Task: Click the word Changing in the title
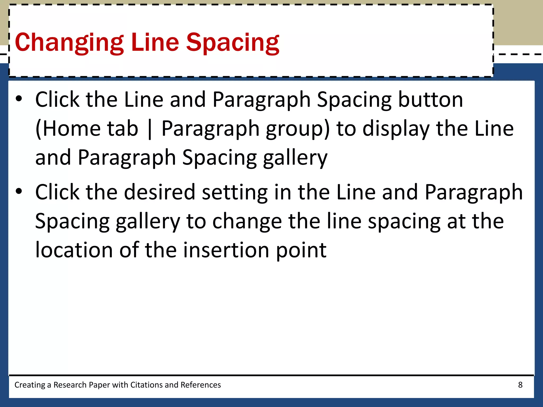[x=69, y=42]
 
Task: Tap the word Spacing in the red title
[x=233, y=42]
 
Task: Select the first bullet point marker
[x=19, y=99]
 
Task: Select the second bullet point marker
[x=19, y=191]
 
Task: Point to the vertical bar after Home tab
[x=150, y=129]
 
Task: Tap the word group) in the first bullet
[x=298, y=129]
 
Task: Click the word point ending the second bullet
[x=301, y=250]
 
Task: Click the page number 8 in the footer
[x=520, y=385]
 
